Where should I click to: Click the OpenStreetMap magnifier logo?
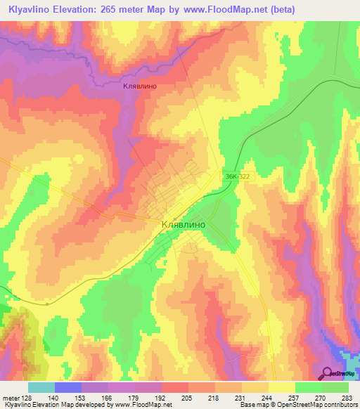(328, 374)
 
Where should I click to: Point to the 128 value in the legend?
(27, 397)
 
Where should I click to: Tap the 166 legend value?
(108, 397)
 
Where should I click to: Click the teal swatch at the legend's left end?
(41, 387)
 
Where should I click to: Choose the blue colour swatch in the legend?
(67, 387)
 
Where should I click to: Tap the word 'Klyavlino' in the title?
(30, 9)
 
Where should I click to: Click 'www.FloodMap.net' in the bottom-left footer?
(141, 405)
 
